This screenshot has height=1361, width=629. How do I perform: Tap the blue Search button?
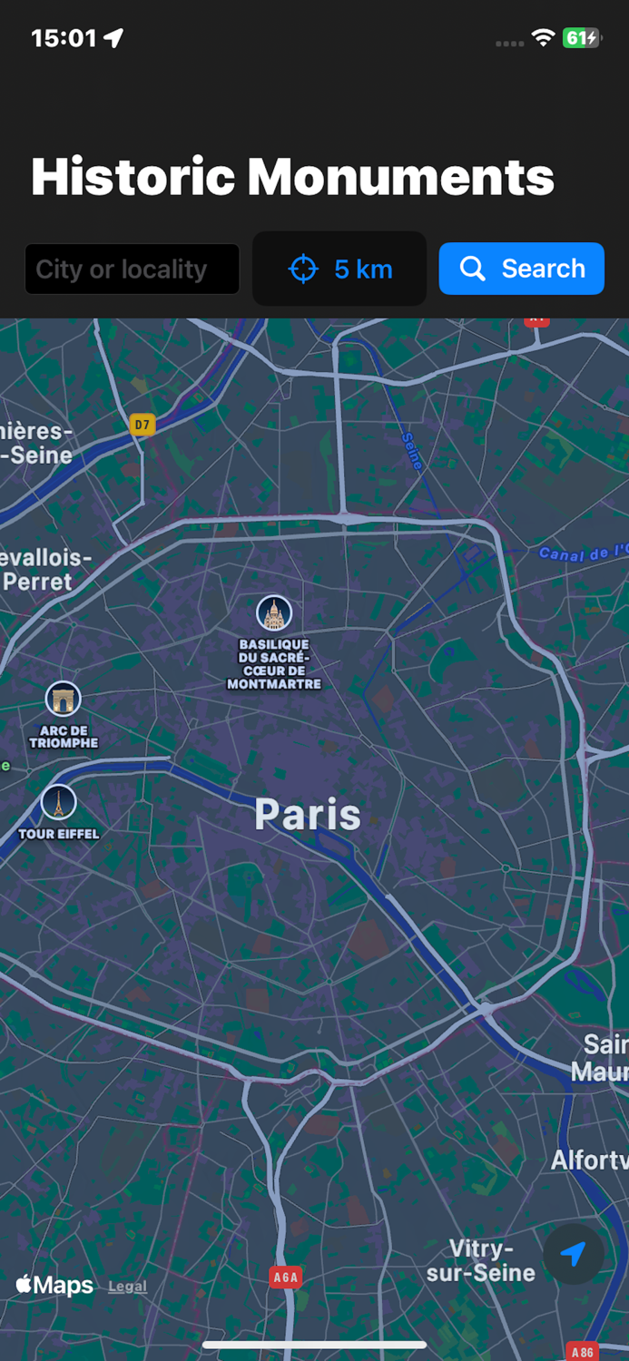click(521, 269)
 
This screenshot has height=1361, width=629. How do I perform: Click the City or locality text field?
click(132, 269)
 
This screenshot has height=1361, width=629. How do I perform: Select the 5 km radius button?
click(339, 269)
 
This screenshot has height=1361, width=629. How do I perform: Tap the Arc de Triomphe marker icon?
click(63, 700)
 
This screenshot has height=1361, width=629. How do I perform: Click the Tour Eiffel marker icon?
click(58, 802)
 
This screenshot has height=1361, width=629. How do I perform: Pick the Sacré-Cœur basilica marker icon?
click(273, 613)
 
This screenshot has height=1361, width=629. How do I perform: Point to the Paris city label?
click(307, 814)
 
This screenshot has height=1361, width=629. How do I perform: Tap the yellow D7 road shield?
click(142, 424)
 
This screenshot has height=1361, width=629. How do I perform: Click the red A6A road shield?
click(285, 1278)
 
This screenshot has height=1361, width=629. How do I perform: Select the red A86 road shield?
click(582, 1352)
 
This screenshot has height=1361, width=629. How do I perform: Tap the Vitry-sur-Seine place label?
click(480, 1261)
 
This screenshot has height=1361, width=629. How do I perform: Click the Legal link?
click(127, 1287)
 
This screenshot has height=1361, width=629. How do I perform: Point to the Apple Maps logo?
click(54, 1285)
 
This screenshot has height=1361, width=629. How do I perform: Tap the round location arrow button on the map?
click(573, 1254)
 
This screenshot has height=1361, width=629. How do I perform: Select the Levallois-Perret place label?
click(41, 570)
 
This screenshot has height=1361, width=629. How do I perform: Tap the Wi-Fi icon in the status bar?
click(543, 38)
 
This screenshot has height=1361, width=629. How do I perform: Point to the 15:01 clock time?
click(64, 38)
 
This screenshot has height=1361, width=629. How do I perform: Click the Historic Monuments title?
click(292, 177)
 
